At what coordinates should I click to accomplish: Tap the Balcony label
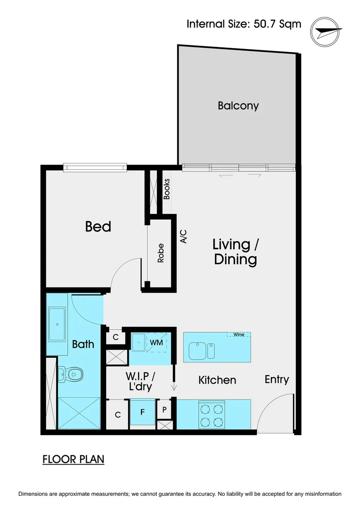click(x=238, y=106)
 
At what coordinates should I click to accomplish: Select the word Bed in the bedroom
click(x=98, y=227)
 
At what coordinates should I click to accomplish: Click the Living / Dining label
click(x=235, y=252)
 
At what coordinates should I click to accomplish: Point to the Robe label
click(x=161, y=253)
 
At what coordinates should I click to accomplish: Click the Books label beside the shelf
click(x=166, y=189)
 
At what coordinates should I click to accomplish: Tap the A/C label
click(x=184, y=236)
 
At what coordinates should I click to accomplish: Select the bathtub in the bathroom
click(x=57, y=324)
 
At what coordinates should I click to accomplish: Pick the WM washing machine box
click(x=156, y=343)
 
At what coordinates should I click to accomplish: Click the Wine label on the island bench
click(x=238, y=335)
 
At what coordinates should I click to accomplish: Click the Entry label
click(x=277, y=379)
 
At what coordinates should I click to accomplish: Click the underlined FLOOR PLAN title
click(x=73, y=459)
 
